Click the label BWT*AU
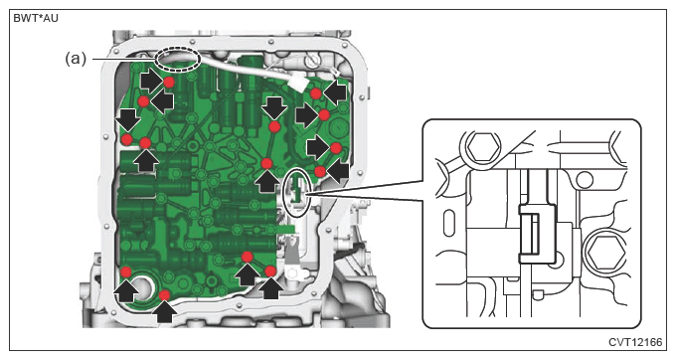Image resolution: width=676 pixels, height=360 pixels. point(36,18)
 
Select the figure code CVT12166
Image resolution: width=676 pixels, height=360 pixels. point(635,342)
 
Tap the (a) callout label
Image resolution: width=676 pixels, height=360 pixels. point(76,59)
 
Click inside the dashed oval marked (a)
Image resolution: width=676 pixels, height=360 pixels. point(178,59)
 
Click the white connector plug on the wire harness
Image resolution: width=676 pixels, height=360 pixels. point(298,82)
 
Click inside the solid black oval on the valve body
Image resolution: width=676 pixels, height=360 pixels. point(296,192)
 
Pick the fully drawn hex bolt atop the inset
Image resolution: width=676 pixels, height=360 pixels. point(480,146)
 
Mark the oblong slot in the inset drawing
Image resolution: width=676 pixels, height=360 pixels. point(448,223)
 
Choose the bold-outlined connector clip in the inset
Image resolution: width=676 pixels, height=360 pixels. point(537,234)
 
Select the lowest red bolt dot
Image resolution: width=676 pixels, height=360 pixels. point(164,295)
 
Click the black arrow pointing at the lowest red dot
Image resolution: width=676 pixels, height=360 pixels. point(164,311)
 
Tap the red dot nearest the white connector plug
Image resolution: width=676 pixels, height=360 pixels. point(315,93)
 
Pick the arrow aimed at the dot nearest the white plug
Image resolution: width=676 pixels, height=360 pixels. point(335,93)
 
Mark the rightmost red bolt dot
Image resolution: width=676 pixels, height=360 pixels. point(336,148)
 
